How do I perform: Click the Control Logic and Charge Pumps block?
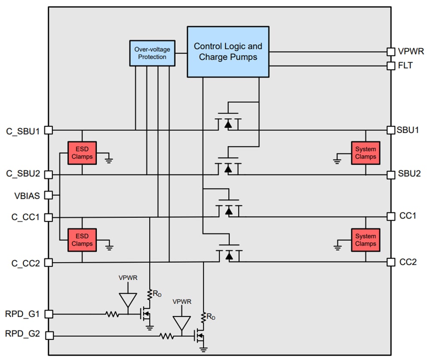point(228,52)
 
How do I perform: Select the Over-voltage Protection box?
point(152,53)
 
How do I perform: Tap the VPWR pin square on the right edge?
point(390,52)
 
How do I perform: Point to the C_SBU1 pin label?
point(23,130)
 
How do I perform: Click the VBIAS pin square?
point(49,195)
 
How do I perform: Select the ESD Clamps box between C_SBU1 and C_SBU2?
point(82,153)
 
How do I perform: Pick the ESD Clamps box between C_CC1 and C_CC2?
point(82,240)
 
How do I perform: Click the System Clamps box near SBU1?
point(365,153)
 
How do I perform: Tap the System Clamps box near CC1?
point(365,240)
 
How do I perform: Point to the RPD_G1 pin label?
point(23,314)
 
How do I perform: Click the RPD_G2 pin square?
point(49,335)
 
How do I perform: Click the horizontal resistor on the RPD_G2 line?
point(167,335)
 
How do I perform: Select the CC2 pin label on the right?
point(407,262)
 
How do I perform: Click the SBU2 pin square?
point(390,175)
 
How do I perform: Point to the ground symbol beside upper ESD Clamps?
point(109,160)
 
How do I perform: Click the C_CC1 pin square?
point(49,217)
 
